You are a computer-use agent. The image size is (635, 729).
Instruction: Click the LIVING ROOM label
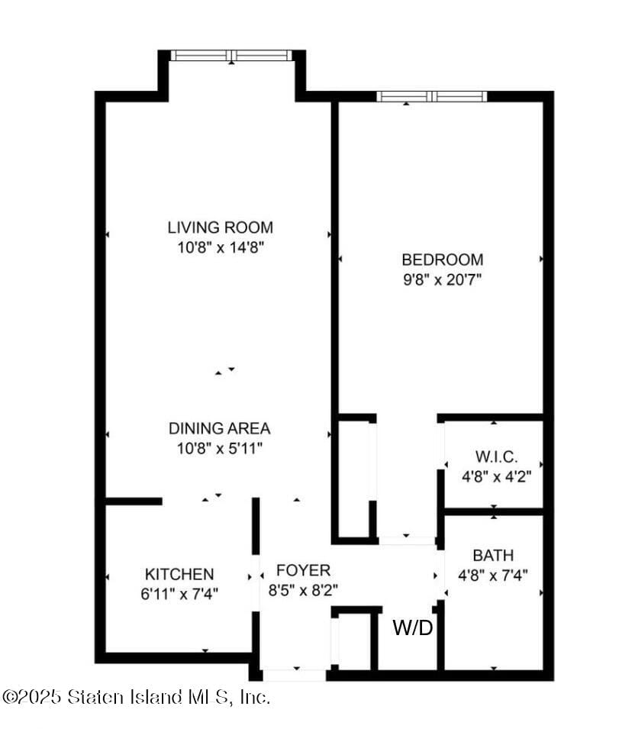221,227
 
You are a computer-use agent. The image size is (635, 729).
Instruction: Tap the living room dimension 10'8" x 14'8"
221,247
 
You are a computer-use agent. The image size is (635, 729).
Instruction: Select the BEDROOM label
443,260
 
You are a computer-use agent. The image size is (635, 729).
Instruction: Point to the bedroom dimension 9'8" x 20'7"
442,280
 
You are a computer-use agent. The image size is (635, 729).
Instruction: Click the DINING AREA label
219,428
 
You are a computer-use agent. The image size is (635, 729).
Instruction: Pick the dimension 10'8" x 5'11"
220,449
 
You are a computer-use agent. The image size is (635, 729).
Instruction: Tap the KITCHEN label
179,574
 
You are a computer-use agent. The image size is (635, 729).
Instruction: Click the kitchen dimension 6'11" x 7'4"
179,594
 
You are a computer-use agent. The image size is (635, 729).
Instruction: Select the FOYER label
303,570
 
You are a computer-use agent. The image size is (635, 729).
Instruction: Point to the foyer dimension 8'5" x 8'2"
303,591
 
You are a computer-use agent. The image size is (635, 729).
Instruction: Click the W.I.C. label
496,456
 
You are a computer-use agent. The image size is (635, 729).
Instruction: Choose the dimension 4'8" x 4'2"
496,476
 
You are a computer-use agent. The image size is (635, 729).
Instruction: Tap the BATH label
493,555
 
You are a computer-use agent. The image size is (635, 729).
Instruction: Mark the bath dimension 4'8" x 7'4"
493,576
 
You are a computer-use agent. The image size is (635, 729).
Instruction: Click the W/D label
413,627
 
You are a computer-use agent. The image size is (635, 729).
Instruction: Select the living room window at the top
231,55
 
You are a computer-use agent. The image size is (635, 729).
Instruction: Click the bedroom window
432,96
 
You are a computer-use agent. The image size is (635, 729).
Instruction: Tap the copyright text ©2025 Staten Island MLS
135,697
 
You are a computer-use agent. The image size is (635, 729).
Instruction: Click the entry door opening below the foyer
295,676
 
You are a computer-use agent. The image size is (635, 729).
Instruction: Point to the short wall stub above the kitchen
134,502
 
